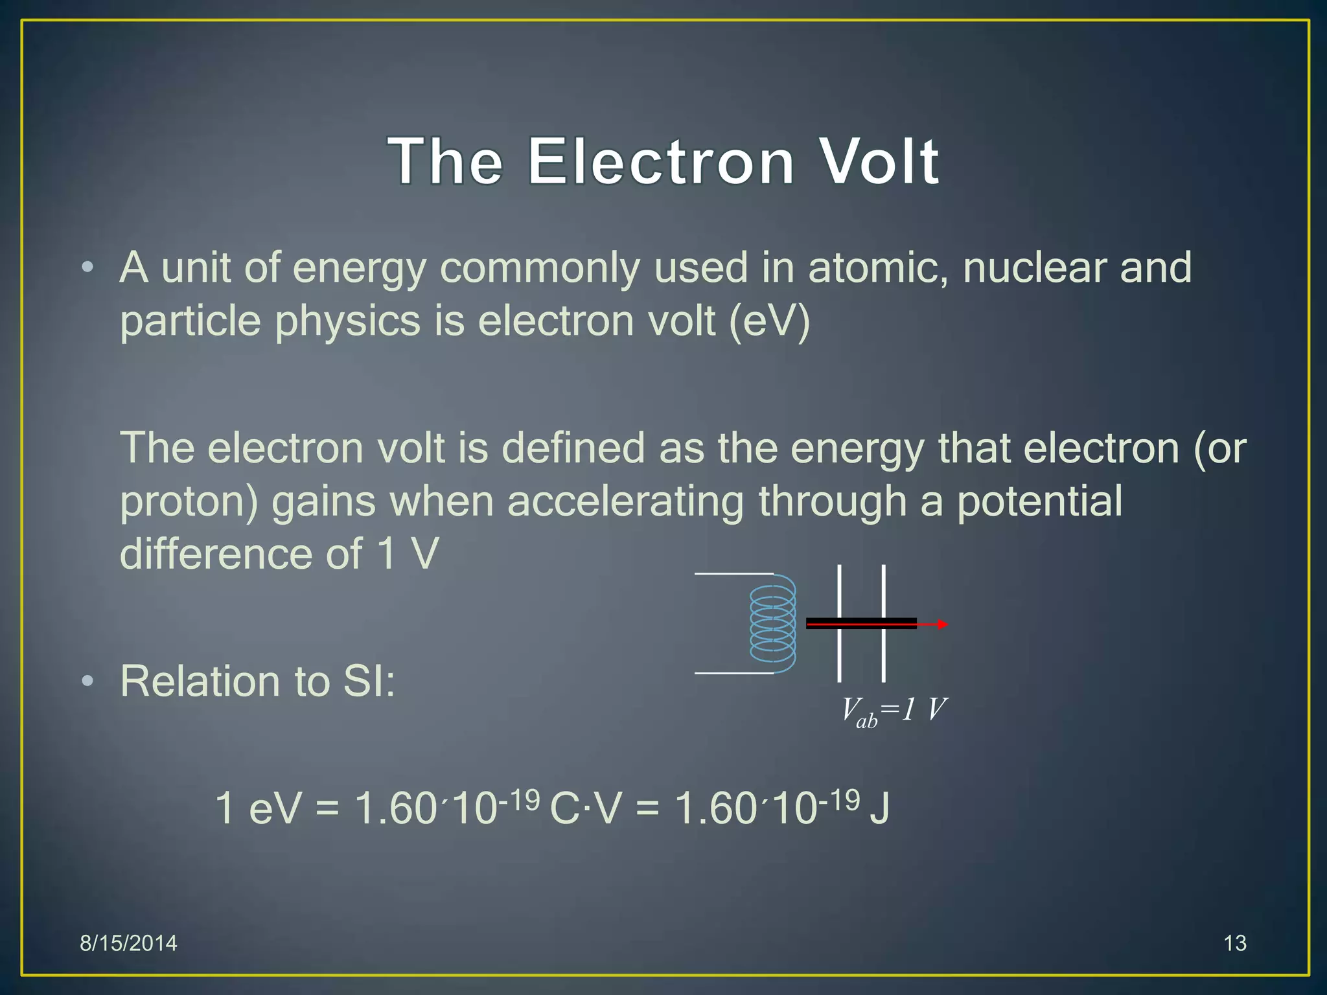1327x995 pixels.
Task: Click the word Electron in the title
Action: [661, 161]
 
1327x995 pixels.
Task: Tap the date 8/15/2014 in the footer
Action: [128, 943]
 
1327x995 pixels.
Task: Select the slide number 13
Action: [1235, 943]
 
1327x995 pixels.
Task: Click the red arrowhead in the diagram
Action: [943, 624]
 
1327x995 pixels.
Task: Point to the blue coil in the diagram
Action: [773, 624]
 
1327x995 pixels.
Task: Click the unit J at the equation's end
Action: [879, 809]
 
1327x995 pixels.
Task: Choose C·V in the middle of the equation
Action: [585, 809]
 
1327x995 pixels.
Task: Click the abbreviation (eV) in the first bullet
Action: [770, 321]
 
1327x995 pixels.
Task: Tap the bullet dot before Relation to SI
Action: [88, 681]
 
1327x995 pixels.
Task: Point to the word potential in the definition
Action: [1039, 501]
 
